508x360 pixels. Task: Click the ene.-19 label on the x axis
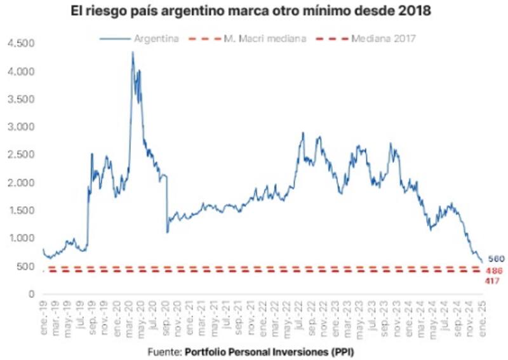[x=43, y=311]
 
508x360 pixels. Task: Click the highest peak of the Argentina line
[x=133, y=53]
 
